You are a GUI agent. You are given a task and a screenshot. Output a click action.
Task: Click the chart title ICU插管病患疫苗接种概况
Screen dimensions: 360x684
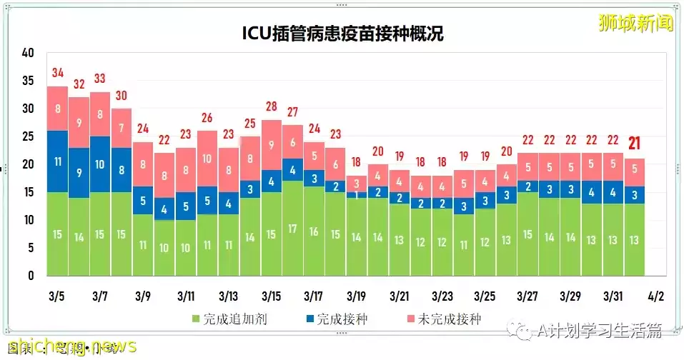[342, 34]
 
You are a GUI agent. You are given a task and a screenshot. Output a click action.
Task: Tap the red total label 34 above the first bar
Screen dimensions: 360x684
[58, 73]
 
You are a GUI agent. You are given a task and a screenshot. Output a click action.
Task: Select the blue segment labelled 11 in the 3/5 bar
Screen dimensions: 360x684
[58, 161]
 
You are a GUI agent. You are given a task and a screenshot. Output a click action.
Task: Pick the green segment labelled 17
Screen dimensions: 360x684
[292, 229]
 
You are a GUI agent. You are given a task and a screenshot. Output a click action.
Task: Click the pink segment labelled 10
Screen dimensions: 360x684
[207, 159]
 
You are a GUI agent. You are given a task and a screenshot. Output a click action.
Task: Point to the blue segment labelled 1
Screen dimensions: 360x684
[356, 194]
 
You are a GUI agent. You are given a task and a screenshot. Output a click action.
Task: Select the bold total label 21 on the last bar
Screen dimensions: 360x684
[634, 144]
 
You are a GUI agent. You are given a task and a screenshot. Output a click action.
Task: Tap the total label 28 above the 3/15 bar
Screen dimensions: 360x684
[271, 106]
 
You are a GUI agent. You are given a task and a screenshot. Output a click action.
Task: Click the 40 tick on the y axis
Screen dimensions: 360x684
[28, 53]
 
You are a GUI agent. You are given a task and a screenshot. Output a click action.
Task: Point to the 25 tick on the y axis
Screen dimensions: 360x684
[28, 136]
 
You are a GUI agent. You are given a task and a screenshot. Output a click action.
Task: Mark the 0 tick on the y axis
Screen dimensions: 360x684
[31, 276]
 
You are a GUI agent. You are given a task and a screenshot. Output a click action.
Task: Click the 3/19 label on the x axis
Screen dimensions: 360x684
[356, 296]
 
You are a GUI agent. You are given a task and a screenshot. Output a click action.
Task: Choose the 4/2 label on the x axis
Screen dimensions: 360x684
[655, 296]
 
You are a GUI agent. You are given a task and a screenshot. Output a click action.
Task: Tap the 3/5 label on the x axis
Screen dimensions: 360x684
[58, 296]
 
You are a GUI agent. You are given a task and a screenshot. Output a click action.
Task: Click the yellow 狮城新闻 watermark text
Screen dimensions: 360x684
[636, 23]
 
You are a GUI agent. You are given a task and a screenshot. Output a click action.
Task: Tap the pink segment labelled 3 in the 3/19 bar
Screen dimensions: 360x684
[356, 183]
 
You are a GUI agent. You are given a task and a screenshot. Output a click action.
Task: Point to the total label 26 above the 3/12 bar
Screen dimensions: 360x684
[207, 118]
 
